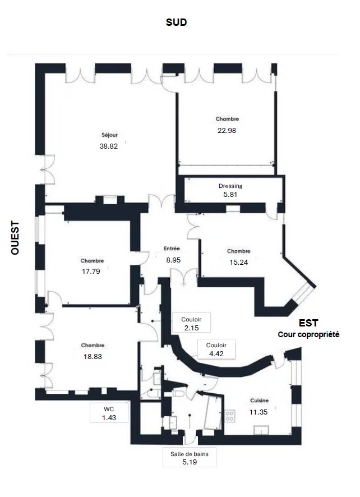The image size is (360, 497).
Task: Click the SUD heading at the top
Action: click(176, 22)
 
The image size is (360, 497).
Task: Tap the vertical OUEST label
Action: click(15, 238)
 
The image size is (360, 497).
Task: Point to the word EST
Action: click(308, 323)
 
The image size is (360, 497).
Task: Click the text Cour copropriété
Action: click(308, 334)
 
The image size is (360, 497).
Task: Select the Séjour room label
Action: click(110, 135)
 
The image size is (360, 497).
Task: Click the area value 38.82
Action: click(108, 146)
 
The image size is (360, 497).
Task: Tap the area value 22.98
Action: click(227, 130)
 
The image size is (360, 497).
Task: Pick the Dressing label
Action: click(230, 186)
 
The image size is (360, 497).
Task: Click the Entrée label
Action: click(172, 249)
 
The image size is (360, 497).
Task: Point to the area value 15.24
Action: click(239, 262)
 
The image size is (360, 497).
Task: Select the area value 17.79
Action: click(91, 271)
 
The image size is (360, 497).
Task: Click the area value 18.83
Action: click(93, 357)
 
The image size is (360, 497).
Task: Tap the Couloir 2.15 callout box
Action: click(191, 323)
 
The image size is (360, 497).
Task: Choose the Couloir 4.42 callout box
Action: click(216, 349)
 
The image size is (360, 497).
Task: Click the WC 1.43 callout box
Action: click(109, 413)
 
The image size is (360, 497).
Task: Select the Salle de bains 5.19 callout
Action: click(190, 457)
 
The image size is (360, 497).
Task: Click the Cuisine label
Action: click(259, 401)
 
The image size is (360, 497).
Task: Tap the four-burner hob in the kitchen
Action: click(229, 416)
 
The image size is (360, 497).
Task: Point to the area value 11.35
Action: click(259, 412)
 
